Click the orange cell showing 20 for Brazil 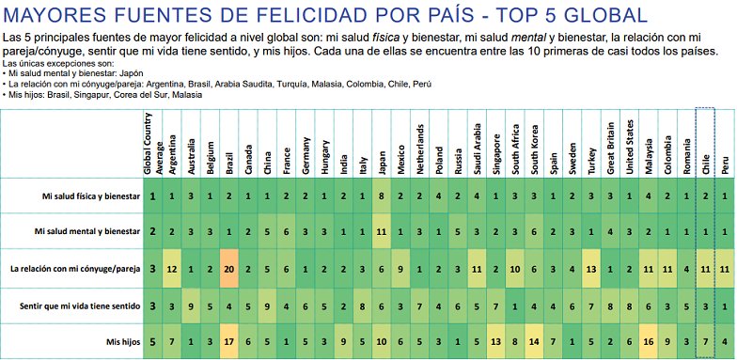228,269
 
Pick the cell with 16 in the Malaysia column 649,340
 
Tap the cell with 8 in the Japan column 382,196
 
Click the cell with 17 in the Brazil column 228,340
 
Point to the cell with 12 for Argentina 171,269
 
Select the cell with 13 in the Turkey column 591,269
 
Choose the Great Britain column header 611,146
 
